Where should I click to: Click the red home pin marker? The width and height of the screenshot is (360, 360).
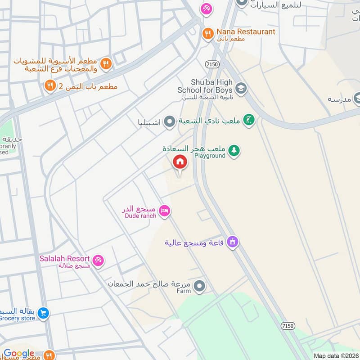180,162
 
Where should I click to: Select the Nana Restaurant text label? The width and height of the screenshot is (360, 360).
245,31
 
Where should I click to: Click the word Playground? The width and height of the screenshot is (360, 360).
209,156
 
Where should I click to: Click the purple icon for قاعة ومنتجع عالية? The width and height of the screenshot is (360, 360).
232,242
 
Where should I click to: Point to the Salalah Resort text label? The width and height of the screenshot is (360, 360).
64,259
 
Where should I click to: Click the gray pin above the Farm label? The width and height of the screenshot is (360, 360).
200,286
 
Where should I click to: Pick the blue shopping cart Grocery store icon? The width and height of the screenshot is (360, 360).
43,313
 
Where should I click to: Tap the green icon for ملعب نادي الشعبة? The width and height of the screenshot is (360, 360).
248,120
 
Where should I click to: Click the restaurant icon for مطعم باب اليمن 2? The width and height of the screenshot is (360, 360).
50,85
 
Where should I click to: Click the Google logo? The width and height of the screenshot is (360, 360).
19,354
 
